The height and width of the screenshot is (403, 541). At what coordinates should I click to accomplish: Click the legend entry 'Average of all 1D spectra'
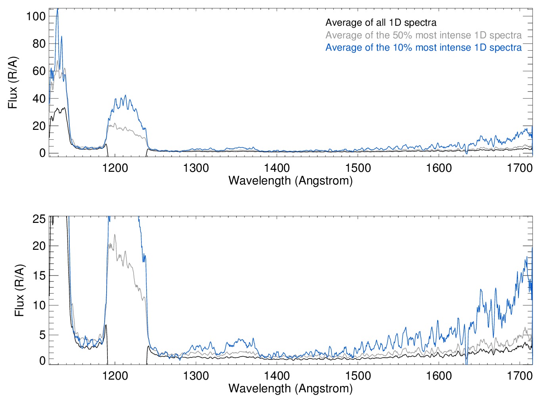point(380,23)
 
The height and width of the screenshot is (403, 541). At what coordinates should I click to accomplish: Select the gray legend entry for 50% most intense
point(423,35)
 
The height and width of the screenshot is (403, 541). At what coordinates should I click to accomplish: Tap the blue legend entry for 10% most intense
point(423,48)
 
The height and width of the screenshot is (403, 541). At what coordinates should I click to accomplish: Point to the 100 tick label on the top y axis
point(36,16)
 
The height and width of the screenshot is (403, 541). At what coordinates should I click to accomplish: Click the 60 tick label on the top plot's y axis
point(39,71)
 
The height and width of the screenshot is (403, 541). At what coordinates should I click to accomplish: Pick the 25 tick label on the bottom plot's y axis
point(39,219)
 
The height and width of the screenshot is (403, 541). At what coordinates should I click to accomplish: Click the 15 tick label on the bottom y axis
point(39,276)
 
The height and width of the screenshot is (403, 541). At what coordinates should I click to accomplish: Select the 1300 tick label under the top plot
point(196,168)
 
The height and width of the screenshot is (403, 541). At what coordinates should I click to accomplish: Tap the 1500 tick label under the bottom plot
point(358,375)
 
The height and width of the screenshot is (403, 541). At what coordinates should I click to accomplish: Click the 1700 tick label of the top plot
point(520,168)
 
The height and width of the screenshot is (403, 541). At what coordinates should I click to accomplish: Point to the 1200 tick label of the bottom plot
point(115,375)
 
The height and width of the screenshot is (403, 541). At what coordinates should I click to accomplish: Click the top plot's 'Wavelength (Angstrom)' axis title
point(291,181)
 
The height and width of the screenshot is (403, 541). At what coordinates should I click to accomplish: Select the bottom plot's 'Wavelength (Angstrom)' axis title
point(291,388)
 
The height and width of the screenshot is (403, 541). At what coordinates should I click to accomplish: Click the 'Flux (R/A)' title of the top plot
point(13,83)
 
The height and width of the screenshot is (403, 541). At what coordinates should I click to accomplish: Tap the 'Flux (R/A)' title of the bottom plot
point(19,290)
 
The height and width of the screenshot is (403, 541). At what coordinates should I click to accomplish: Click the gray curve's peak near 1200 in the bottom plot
point(115,235)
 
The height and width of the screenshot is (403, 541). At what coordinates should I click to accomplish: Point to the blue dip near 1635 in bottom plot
point(466,361)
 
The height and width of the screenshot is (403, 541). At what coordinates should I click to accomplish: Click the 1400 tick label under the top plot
point(277,168)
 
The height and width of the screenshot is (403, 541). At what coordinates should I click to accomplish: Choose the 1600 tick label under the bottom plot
point(439,375)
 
